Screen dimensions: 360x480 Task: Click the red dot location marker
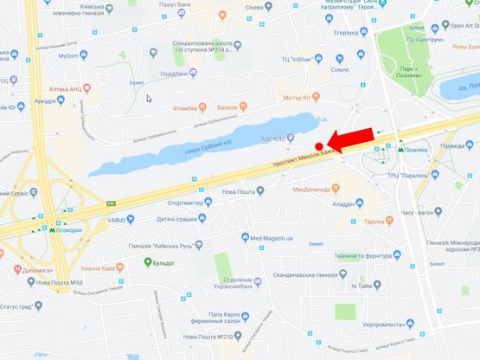319,145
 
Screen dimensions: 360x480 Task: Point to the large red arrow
355,141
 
